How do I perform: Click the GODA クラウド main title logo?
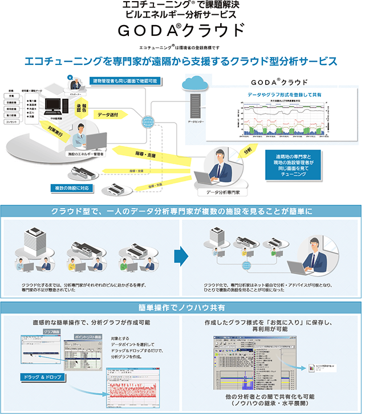coord(182,30)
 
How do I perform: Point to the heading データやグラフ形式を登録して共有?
coord(285,94)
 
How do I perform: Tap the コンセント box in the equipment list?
coord(11,122)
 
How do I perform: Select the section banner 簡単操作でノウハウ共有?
coord(182,308)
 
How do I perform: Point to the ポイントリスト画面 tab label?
coord(82,338)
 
